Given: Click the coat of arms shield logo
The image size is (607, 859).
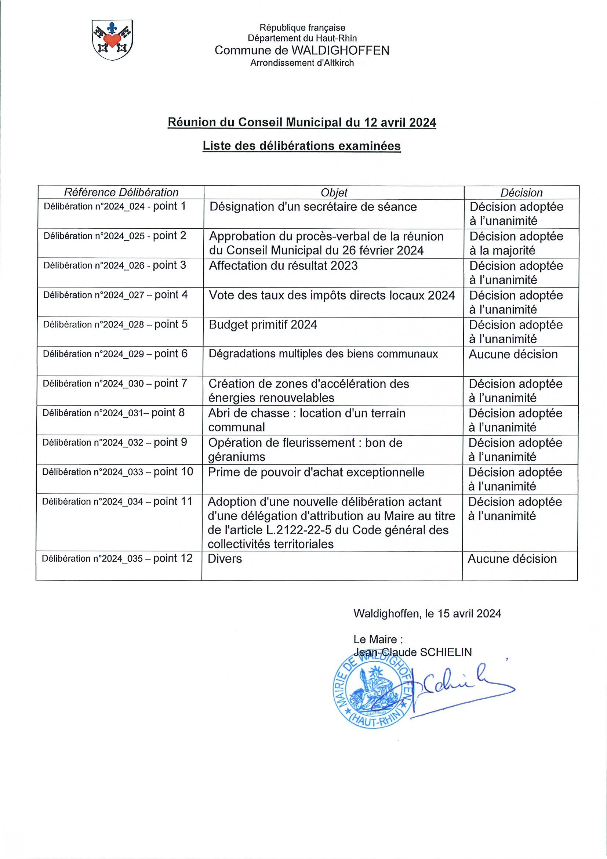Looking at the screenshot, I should [x=112, y=40].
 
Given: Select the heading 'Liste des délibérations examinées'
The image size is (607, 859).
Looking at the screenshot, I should [x=301, y=146].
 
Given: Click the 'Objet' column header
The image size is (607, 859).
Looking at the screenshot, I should [x=334, y=192].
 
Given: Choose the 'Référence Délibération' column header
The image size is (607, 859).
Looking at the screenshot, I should [x=121, y=192].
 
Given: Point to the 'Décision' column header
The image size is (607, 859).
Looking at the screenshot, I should [x=521, y=193].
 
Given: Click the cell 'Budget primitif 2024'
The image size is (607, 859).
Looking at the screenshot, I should [x=263, y=325].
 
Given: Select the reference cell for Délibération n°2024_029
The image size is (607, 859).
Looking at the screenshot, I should [x=115, y=354].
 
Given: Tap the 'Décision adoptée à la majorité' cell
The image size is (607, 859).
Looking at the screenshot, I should [x=516, y=243].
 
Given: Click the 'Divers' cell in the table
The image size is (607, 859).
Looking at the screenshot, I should [x=225, y=559].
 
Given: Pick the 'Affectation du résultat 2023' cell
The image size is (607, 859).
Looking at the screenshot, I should [x=283, y=266].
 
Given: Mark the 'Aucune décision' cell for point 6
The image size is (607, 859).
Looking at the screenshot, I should [x=513, y=354].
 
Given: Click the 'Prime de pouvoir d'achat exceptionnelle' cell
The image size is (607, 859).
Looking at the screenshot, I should [x=316, y=472].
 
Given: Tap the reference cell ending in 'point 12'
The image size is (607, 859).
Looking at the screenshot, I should [x=117, y=559].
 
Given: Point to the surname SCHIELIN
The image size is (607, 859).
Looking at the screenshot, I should [x=446, y=652].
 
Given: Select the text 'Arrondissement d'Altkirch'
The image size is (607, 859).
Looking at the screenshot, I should [x=302, y=63].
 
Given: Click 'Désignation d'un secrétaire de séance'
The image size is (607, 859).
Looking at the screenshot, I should [x=313, y=207].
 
